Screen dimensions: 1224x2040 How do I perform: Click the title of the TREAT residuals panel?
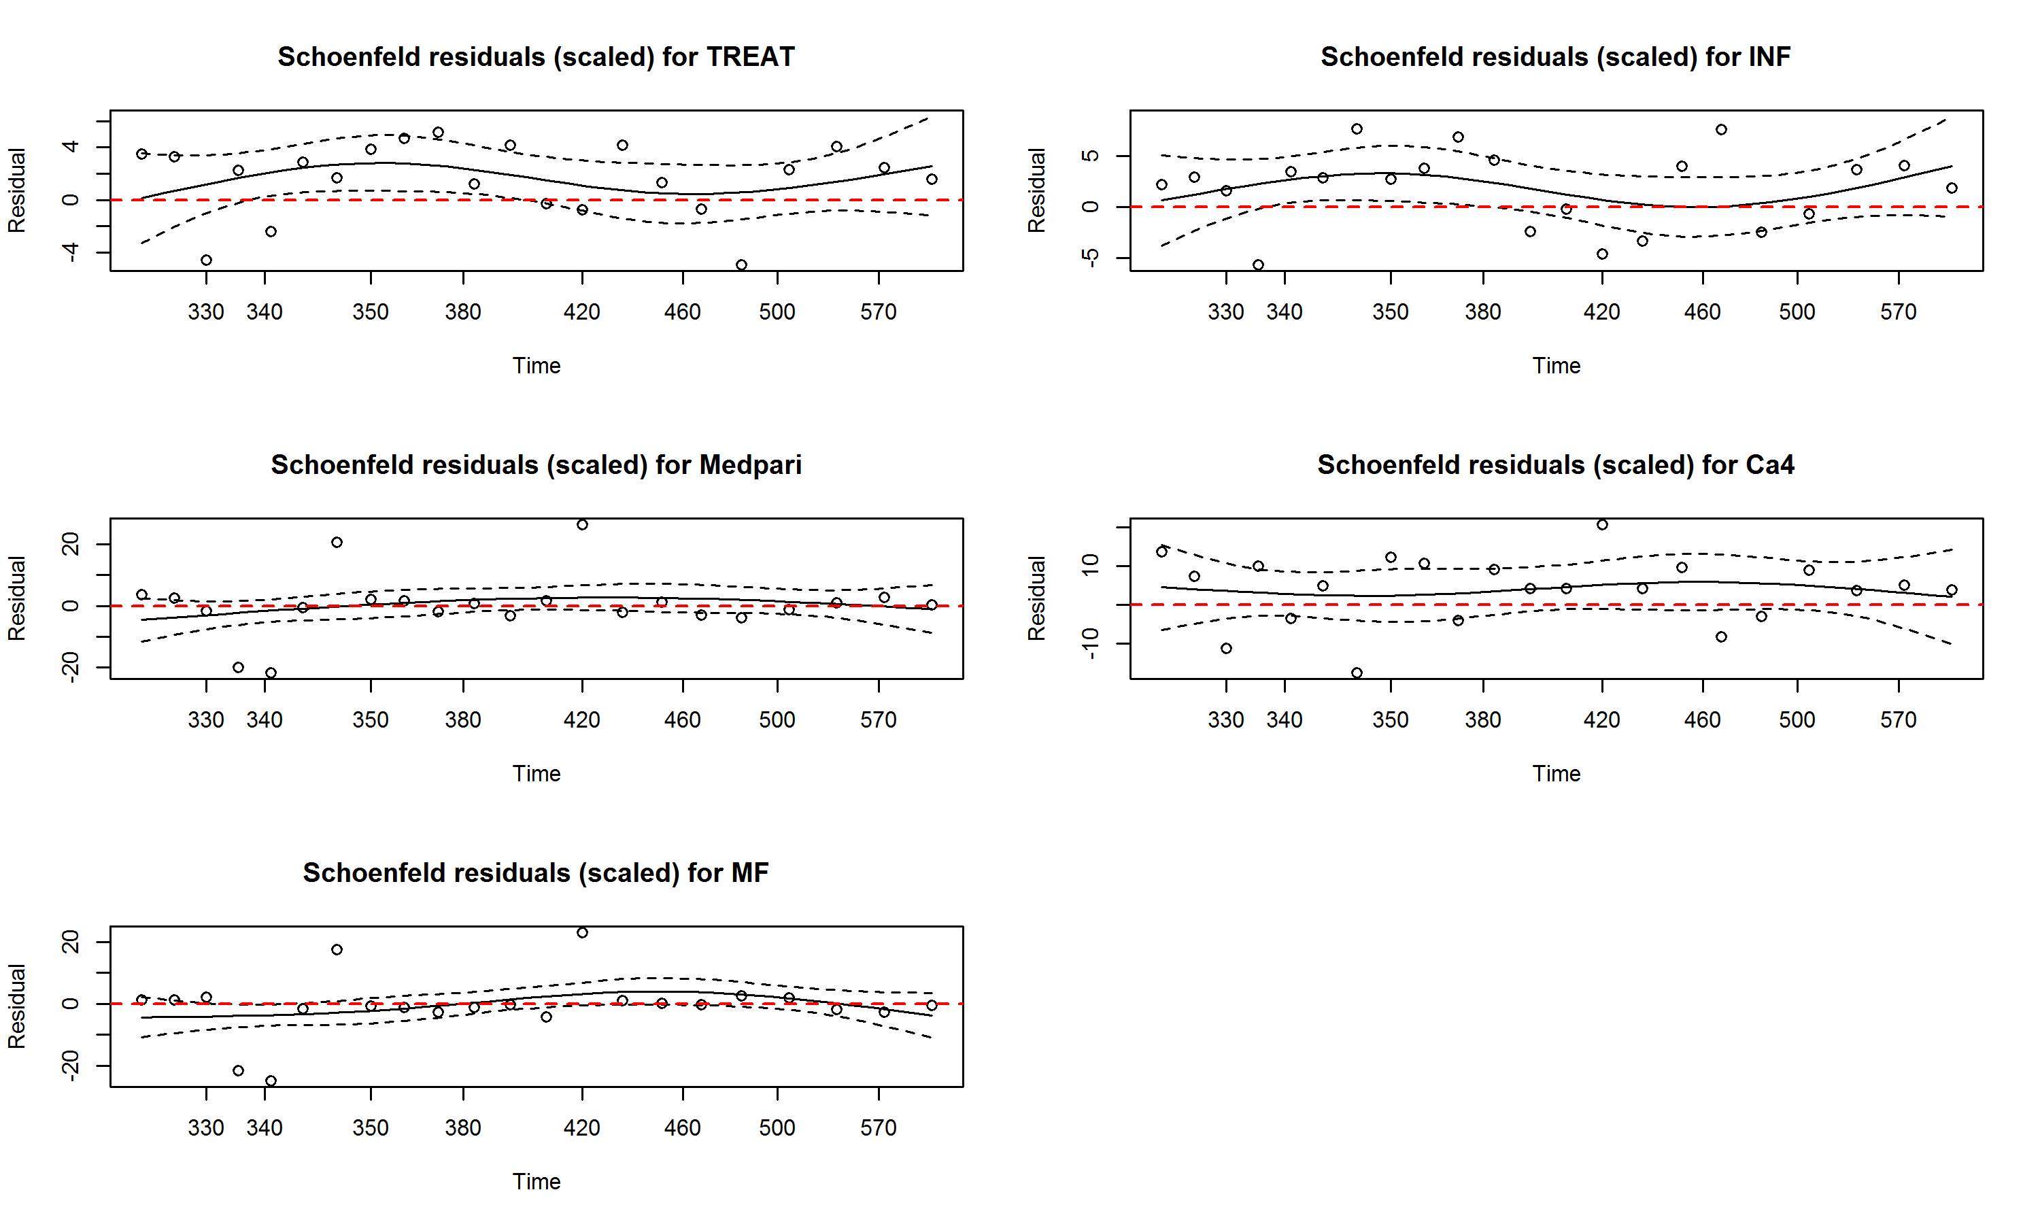pos(536,57)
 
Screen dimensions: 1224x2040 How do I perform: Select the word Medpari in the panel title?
pos(749,465)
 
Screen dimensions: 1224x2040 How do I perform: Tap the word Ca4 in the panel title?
pos(1769,465)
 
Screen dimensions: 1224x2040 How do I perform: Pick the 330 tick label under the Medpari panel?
pos(205,720)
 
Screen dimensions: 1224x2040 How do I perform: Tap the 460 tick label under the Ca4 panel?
pos(1702,720)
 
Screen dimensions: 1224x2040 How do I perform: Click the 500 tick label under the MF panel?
pos(777,1128)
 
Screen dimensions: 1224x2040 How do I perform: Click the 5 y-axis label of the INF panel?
pos(1091,155)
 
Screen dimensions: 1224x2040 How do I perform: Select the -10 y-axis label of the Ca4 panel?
pos(1091,643)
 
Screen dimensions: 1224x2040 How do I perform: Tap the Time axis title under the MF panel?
pos(536,1182)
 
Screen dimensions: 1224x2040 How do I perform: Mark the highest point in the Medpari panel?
pos(582,524)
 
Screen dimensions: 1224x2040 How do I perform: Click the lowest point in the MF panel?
pos(271,1081)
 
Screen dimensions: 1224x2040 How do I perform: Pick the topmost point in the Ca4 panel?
pos(1602,524)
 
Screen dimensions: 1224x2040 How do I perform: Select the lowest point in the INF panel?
pos(1258,265)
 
